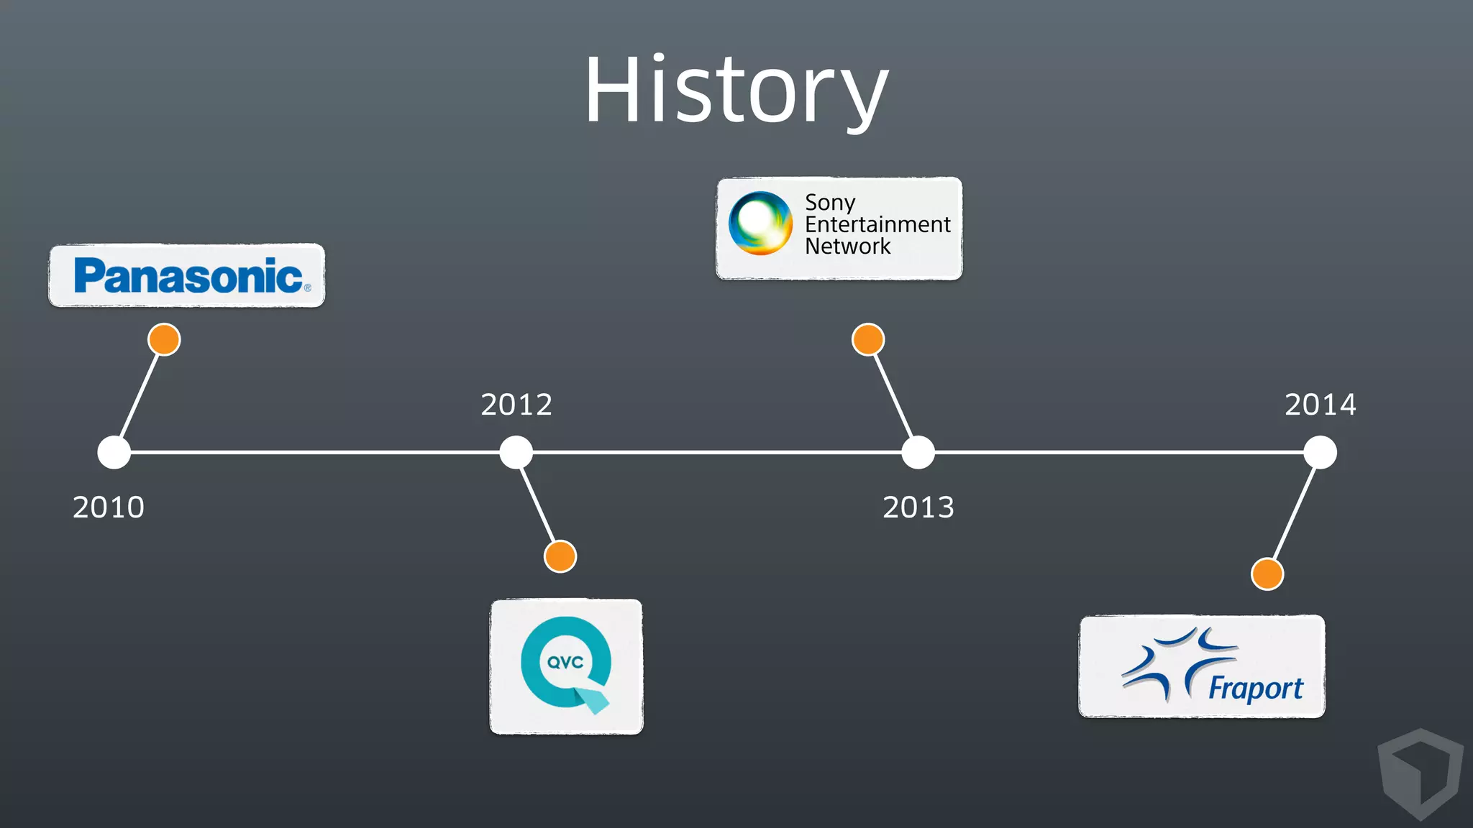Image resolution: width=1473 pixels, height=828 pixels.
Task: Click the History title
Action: [x=736, y=91]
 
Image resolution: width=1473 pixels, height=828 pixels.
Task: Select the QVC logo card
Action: [x=566, y=666]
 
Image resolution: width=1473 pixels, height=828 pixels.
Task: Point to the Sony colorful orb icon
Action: [x=760, y=224]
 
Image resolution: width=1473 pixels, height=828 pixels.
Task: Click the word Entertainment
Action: [x=877, y=224]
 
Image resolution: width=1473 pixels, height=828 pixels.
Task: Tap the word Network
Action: [x=847, y=247]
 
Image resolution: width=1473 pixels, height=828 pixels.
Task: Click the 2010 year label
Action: [x=109, y=507]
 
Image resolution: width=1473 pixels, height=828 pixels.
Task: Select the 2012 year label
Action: [x=516, y=405]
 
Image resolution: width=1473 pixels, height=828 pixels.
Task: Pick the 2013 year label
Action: [x=918, y=507]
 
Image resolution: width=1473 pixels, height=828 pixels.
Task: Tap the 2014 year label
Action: [x=1321, y=405]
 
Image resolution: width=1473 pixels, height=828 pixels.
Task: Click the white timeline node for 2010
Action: [x=114, y=452]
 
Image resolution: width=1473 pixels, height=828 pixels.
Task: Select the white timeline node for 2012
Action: [x=516, y=452]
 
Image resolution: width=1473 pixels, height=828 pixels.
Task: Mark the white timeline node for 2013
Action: [x=918, y=452]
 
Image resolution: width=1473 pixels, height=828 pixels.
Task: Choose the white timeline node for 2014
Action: [x=1320, y=452]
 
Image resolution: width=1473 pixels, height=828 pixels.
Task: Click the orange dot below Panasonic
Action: [x=164, y=339]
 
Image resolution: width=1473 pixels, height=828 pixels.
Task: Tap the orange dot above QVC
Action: [x=560, y=556]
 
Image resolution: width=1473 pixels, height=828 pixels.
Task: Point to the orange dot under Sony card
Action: [x=868, y=339]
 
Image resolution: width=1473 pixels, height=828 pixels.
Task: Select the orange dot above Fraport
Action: [x=1267, y=574]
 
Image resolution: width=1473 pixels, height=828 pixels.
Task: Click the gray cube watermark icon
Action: [x=1420, y=773]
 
